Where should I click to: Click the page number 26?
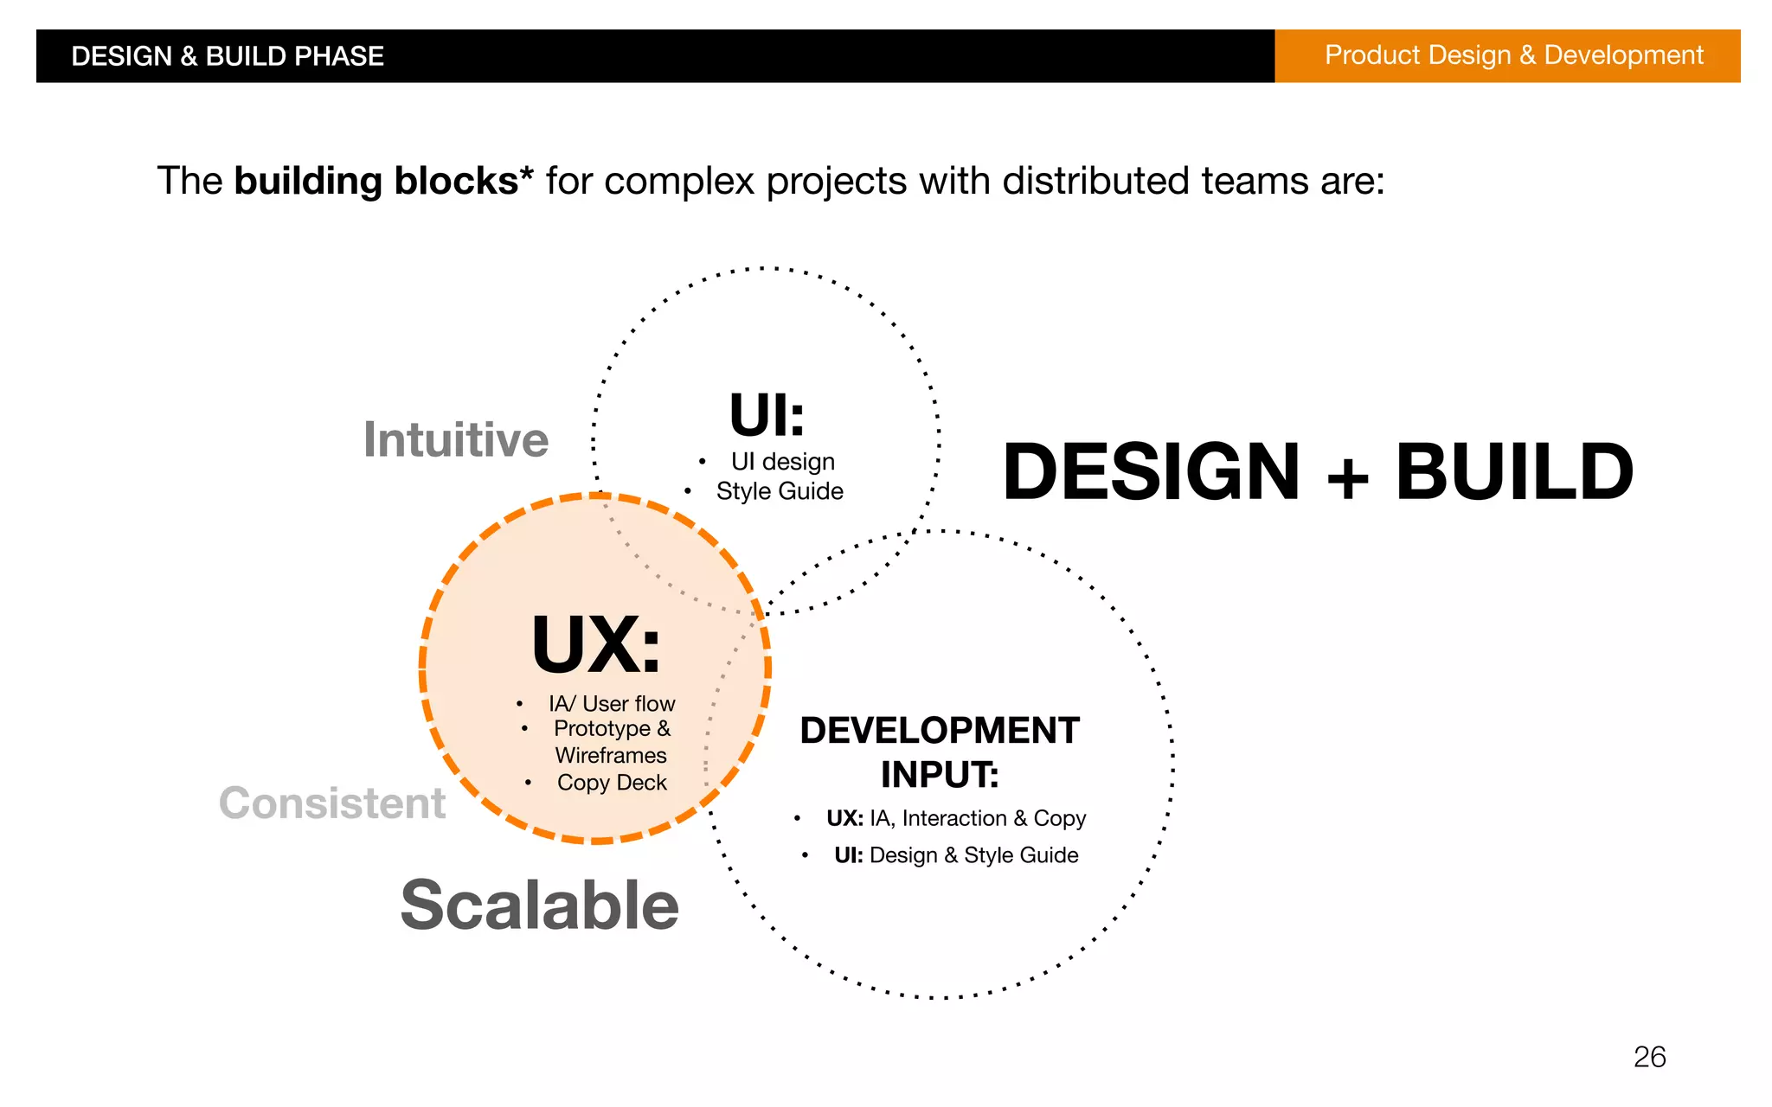tap(1649, 1057)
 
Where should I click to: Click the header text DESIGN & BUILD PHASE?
tap(227, 56)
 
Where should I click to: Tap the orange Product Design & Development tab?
tap(1513, 55)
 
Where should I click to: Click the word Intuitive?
tap(456, 439)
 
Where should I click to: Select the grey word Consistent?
tap(332, 803)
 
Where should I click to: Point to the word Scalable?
tap(539, 905)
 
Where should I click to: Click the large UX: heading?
tap(596, 645)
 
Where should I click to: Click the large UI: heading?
tap(767, 415)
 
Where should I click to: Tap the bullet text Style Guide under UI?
tap(780, 491)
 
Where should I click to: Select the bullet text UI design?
tap(782, 462)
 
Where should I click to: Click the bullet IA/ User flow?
tap(612, 704)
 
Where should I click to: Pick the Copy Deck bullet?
tap(612, 783)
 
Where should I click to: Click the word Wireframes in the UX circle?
tap(611, 756)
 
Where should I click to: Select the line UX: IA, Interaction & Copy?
tap(955, 818)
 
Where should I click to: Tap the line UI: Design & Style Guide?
tap(956, 855)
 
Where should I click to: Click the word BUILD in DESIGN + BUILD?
tap(1514, 472)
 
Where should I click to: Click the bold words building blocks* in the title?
tap(383, 181)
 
